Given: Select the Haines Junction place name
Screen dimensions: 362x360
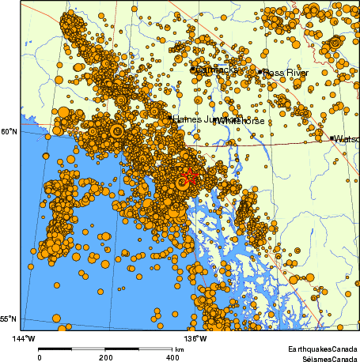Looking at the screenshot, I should click(x=196, y=119).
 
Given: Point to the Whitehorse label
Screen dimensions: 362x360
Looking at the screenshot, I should click(x=237, y=120).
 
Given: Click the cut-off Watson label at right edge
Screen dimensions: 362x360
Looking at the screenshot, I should click(x=347, y=138).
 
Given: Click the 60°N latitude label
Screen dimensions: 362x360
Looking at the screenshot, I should click(x=9, y=131).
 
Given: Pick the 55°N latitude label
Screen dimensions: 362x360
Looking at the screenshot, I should click(x=9, y=319).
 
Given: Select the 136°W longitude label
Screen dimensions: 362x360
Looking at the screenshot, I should click(x=196, y=338).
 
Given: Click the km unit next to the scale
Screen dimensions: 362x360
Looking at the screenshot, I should click(x=180, y=349).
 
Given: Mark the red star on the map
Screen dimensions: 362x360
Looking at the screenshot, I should click(x=190, y=175).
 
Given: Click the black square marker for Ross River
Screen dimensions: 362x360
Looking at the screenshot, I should click(x=260, y=72).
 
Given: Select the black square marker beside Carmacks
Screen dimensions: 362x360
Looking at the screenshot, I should click(x=192, y=70).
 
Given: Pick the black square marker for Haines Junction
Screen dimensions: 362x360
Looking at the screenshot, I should click(x=170, y=119).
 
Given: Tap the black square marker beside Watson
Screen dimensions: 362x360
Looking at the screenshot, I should click(x=332, y=138).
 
